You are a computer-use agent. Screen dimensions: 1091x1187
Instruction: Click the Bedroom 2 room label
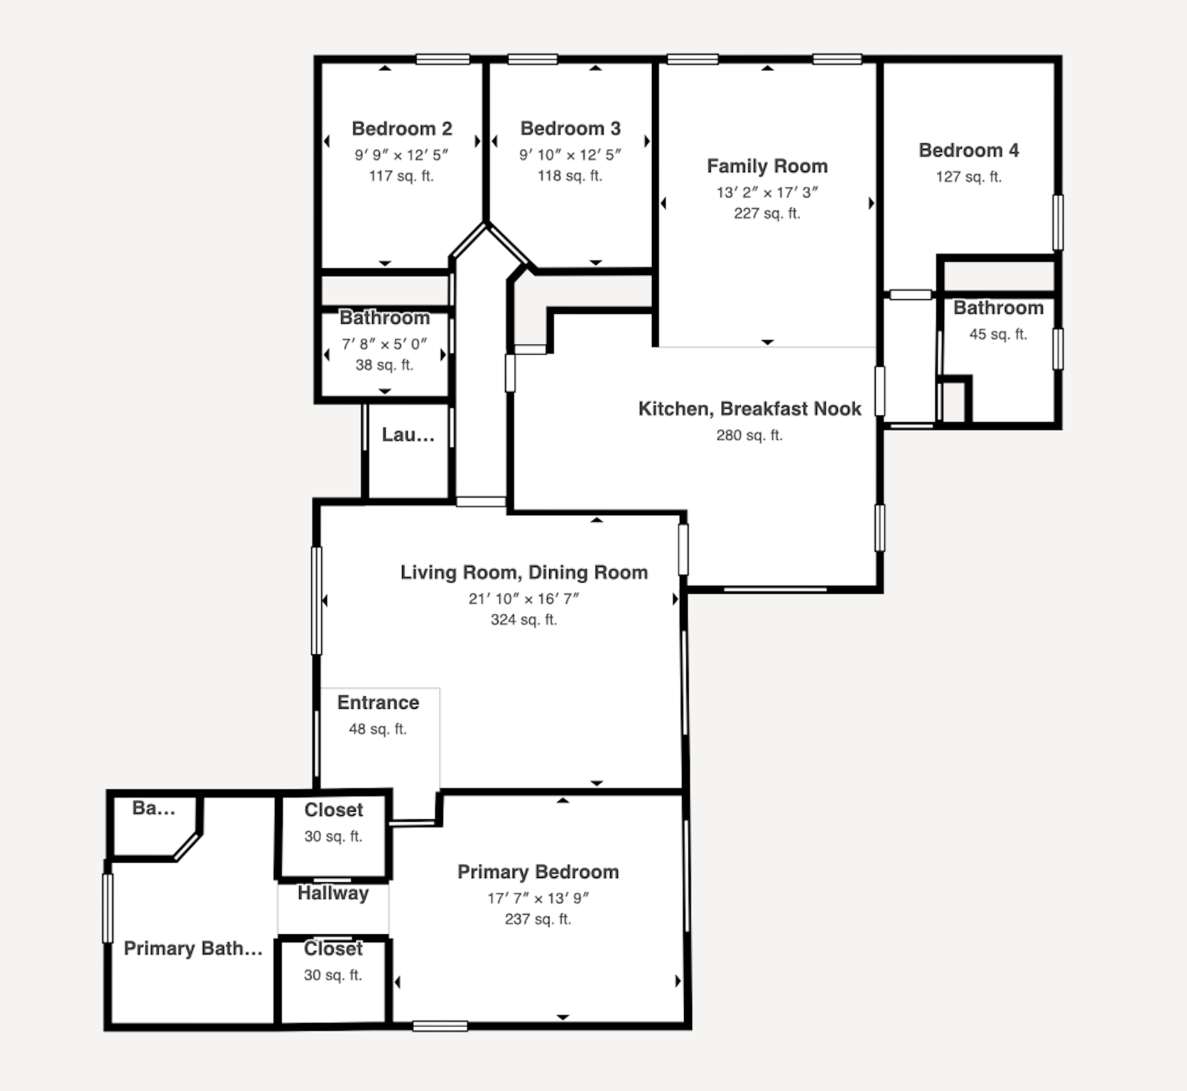point(401,129)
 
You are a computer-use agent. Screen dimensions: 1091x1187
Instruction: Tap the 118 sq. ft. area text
point(570,175)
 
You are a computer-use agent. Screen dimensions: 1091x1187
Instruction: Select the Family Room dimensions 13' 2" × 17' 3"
point(767,192)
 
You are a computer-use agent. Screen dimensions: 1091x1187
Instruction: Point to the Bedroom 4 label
point(968,151)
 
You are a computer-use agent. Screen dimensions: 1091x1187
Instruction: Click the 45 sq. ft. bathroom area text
point(998,334)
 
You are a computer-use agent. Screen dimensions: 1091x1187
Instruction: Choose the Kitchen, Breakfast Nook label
point(749,409)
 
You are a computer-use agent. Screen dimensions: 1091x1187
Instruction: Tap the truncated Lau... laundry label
point(408,435)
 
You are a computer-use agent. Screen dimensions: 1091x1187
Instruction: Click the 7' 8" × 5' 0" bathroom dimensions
point(384,344)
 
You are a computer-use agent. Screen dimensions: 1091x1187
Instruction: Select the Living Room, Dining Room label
point(524,572)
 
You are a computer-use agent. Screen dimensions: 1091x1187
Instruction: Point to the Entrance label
point(378,702)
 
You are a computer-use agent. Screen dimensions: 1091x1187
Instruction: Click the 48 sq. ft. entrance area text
point(378,729)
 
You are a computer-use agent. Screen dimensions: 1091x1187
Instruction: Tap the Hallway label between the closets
point(332,893)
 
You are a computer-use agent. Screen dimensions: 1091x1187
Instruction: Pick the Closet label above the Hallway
point(333,810)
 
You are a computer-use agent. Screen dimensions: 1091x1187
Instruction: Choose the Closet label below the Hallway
point(333,949)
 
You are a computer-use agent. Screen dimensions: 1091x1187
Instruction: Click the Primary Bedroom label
point(538,872)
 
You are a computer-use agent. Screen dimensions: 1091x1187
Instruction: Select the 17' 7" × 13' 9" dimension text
point(538,898)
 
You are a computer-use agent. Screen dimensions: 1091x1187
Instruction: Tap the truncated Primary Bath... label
point(193,949)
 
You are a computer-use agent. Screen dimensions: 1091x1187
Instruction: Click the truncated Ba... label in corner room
point(153,808)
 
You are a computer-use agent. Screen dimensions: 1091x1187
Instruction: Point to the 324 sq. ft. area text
point(524,619)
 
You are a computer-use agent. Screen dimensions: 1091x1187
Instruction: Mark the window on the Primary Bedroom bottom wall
point(440,1026)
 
